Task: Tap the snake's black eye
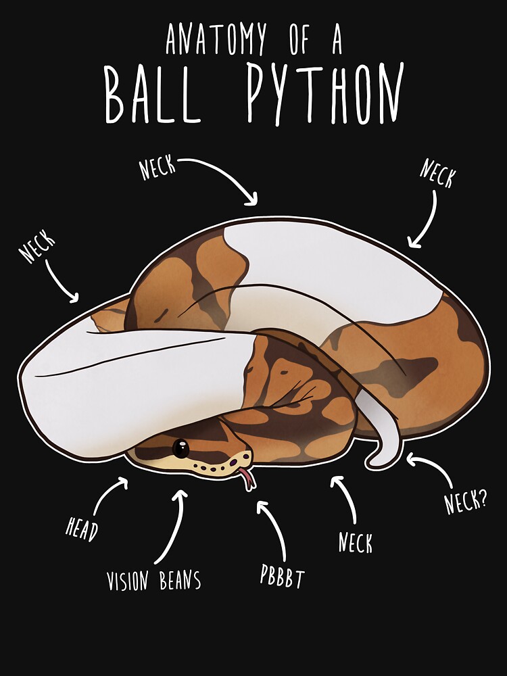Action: [180, 448]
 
